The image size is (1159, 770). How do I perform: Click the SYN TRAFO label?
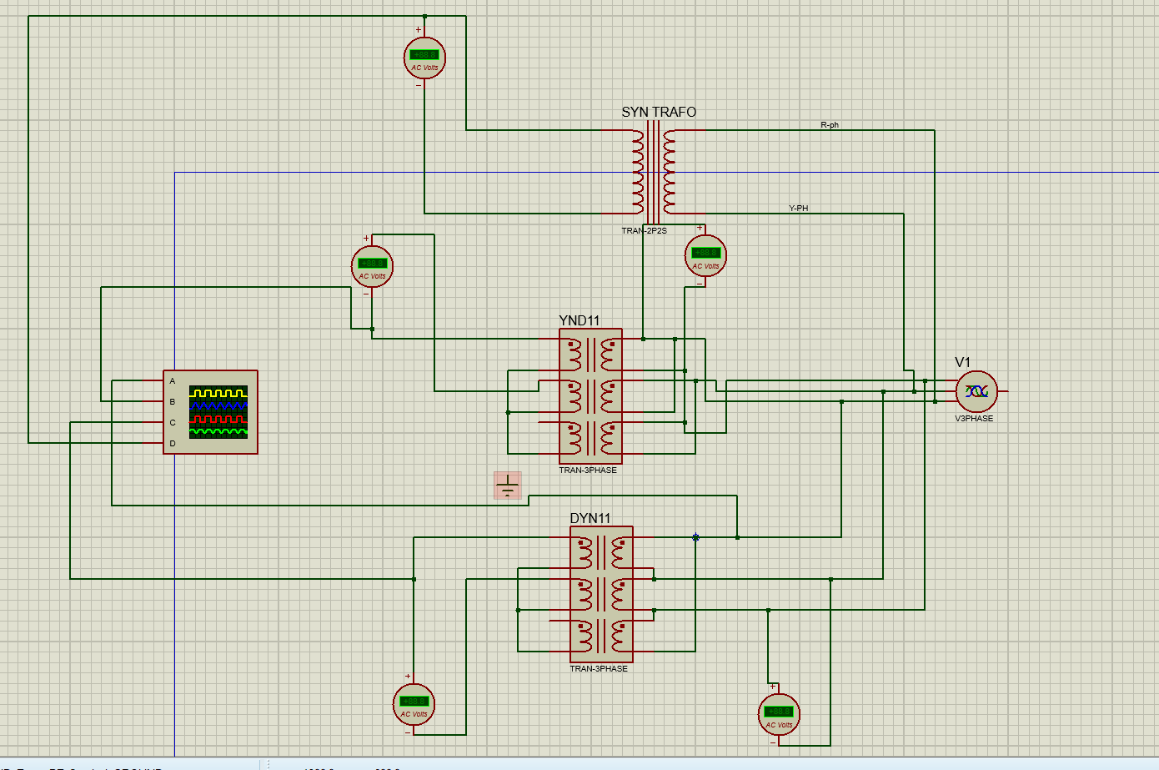(x=658, y=112)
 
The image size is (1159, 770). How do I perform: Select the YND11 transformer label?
(x=579, y=320)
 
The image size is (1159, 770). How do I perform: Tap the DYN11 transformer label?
(x=590, y=518)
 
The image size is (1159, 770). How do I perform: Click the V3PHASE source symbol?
(x=976, y=391)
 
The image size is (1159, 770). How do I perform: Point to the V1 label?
(x=962, y=362)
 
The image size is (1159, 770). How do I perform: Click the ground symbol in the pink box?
(x=507, y=485)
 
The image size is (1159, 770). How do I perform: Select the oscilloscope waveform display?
(x=218, y=411)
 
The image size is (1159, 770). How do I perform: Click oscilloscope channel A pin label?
(x=173, y=381)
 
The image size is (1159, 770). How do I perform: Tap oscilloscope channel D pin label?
(x=173, y=444)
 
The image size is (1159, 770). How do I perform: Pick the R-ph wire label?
(x=829, y=125)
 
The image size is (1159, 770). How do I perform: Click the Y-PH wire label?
(x=798, y=209)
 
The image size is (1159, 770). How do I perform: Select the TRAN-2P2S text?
(x=644, y=231)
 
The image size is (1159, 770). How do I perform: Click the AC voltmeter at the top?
(x=424, y=58)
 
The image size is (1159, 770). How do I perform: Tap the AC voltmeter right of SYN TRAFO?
(x=705, y=256)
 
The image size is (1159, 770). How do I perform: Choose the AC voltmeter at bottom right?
(x=779, y=715)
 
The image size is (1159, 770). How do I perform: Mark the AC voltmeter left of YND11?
(x=372, y=266)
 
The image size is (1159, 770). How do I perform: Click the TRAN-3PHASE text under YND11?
(x=588, y=471)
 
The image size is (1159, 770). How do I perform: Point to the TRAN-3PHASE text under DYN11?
(x=599, y=669)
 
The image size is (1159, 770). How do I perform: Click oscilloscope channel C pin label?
(x=173, y=423)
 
